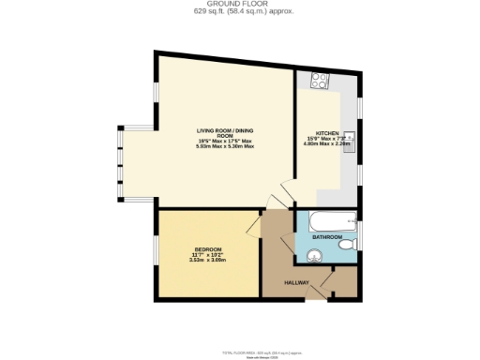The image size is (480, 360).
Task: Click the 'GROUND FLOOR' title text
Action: coord(239,5)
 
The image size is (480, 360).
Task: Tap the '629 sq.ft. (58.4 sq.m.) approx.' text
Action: coord(239,12)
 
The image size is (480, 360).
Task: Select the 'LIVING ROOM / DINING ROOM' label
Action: coord(226,133)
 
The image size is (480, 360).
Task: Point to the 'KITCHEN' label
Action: coord(327,132)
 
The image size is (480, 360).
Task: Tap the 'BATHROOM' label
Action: coord(327,239)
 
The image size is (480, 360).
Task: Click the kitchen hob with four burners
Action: coord(319,81)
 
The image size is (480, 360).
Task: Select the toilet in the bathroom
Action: coord(348,244)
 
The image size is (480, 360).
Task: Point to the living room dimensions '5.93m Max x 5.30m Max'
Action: coord(226,146)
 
